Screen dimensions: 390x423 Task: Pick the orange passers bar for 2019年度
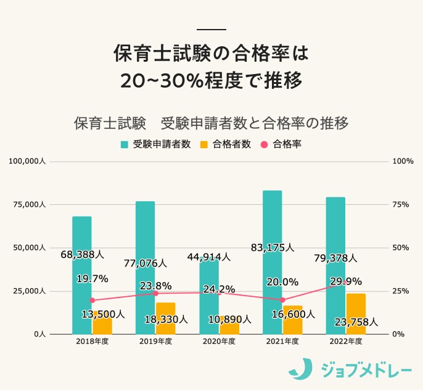[165, 318]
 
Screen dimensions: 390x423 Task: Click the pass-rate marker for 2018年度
[92, 300]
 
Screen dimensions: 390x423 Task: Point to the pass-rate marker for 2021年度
[282, 300]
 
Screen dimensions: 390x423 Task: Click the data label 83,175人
[273, 247]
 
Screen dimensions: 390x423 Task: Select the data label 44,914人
[209, 256]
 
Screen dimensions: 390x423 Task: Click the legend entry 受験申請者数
[156, 144]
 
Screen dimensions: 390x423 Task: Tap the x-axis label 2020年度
[219, 341]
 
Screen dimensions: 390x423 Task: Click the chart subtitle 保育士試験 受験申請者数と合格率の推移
[211, 122]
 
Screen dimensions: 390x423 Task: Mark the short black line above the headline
[211, 30]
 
